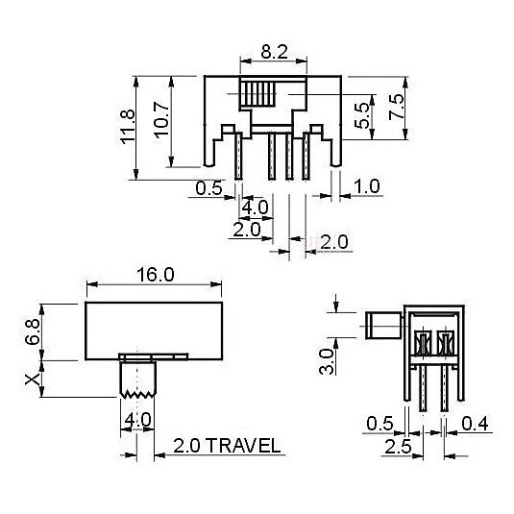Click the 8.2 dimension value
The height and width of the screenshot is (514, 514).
click(x=274, y=52)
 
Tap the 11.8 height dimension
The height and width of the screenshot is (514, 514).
click(x=128, y=127)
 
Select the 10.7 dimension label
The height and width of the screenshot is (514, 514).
click(x=162, y=120)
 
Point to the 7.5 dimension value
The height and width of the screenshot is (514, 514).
click(x=397, y=107)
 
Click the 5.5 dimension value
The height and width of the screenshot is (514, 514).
click(x=362, y=115)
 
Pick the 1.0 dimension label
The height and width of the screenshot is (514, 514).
click(x=367, y=186)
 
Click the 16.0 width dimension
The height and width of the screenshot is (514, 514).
click(x=156, y=275)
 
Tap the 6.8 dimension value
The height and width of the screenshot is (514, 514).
click(x=33, y=331)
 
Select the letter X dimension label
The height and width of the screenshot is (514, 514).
click(x=33, y=379)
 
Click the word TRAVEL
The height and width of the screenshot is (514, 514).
click(x=244, y=446)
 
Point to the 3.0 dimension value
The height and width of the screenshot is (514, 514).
click(x=327, y=361)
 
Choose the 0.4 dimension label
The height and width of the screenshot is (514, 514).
click(x=475, y=424)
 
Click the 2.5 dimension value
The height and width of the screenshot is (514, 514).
click(x=398, y=447)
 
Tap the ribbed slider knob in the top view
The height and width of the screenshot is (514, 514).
click(x=257, y=94)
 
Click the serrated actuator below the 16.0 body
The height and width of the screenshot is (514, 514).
click(x=137, y=379)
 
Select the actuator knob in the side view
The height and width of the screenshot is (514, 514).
click(x=383, y=326)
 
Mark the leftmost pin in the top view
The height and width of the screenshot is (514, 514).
click(x=238, y=156)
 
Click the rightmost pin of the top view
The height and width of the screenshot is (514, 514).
click(x=306, y=156)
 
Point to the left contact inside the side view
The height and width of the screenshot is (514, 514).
click(x=423, y=343)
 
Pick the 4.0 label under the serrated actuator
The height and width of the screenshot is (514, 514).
click(x=137, y=419)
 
